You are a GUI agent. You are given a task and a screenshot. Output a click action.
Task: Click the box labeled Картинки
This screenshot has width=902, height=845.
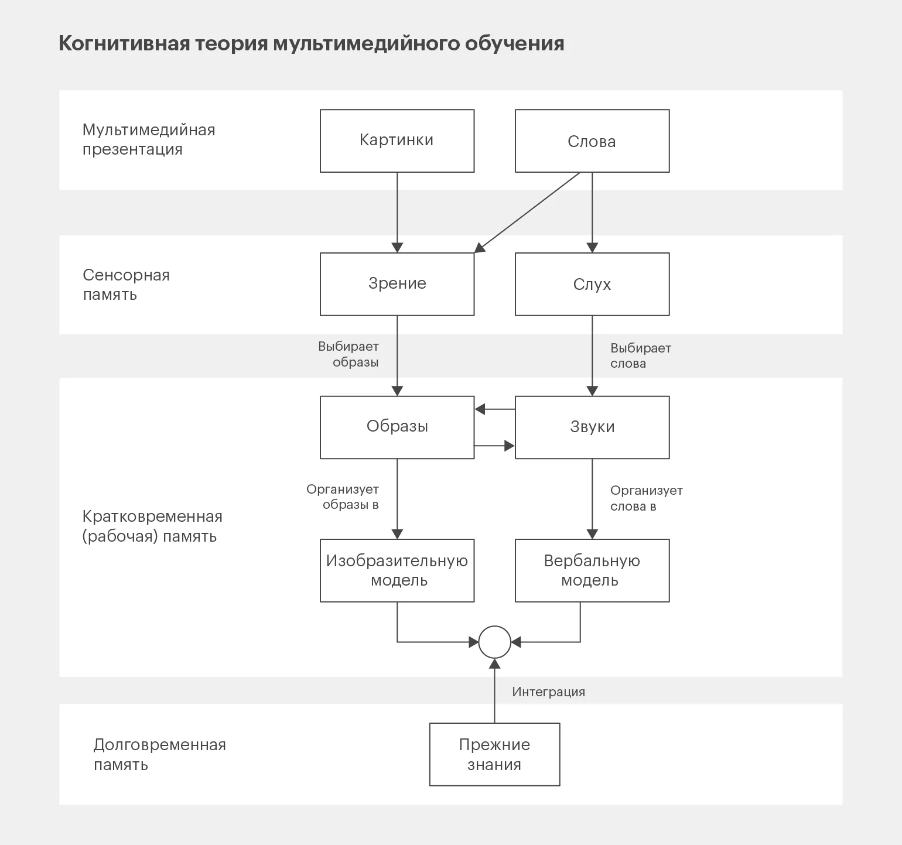pyautogui.click(x=397, y=141)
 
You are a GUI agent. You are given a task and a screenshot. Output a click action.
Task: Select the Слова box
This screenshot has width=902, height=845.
pyautogui.click(x=592, y=141)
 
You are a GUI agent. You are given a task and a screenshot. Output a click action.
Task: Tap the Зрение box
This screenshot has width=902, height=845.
pyautogui.click(x=397, y=284)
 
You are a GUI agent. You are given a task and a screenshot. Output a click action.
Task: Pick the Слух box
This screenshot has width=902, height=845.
pyautogui.click(x=592, y=284)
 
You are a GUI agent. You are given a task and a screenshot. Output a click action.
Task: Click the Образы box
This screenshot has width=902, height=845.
pyautogui.click(x=397, y=427)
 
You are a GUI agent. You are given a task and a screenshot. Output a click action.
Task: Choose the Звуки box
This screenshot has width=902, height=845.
pyautogui.click(x=592, y=427)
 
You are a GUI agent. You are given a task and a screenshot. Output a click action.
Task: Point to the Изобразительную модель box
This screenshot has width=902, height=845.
pyautogui.click(x=397, y=570)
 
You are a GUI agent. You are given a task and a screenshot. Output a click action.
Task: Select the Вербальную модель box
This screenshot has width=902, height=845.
pyautogui.click(x=592, y=570)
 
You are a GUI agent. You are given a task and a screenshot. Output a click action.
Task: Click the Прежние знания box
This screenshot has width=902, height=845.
pyautogui.click(x=494, y=754)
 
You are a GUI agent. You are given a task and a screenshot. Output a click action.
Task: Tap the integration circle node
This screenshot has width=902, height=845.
pyautogui.click(x=495, y=642)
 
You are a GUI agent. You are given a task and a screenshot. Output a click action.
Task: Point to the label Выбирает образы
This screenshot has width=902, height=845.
pyautogui.click(x=349, y=354)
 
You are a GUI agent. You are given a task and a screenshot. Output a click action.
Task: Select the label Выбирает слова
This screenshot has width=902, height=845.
pyautogui.click(x=640, y=355)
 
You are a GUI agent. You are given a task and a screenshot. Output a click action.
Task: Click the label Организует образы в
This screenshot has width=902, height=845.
pyautogui.click(x=343, y=497)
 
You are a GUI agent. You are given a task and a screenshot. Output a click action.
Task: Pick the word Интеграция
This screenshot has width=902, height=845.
pyautogui.click(x=548, y=692)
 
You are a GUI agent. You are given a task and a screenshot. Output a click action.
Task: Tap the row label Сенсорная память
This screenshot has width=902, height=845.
pyautogui.click(x=126, y=285)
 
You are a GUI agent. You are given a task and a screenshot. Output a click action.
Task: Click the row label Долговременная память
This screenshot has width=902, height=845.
pyautogui.click(x=159, y=754)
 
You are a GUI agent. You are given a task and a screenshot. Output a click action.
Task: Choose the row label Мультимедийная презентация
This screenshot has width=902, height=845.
pyautogui.click(x=149, y=139)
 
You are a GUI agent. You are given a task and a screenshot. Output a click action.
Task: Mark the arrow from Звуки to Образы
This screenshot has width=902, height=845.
pyautogui.click(x=495, y=409)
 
